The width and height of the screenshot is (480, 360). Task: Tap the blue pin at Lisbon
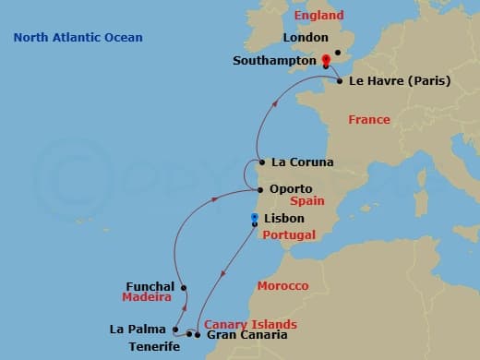click(254, 219)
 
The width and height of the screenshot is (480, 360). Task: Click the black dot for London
click(338, 53)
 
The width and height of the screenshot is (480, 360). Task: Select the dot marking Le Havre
click(341, 81)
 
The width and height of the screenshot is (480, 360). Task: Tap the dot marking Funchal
click(184, 287)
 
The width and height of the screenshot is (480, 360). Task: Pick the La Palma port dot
click(174, 329)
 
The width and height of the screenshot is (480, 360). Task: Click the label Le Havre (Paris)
click(400, 81)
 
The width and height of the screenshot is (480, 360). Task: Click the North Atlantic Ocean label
click(78, 37)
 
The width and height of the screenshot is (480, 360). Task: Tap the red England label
click(318, 16)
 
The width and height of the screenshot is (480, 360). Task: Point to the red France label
click(369, 120)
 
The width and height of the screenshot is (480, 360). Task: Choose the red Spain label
click(306, 200)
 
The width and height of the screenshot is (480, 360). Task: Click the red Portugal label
click(288, 235)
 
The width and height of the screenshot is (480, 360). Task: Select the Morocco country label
click(282, 286)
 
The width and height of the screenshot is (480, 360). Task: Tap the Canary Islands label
click(250, 324)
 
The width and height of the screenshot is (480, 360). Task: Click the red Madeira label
click(147, 297)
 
